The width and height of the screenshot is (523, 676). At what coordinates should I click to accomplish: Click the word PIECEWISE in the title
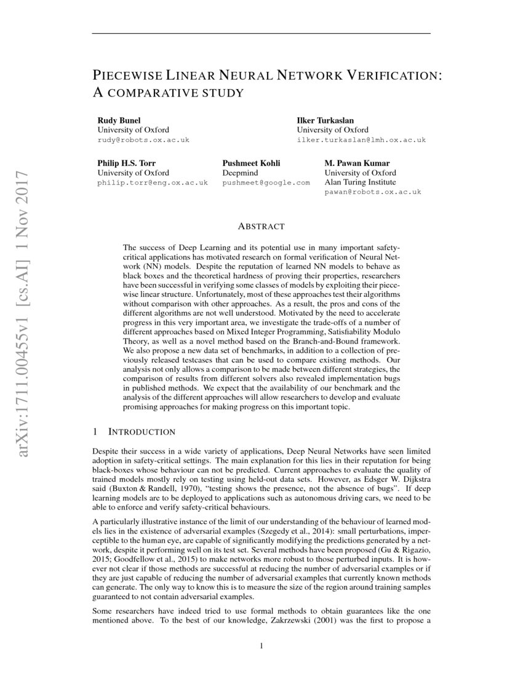[x=126, y=76]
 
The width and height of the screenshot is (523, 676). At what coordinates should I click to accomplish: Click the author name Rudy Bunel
[x=119, y=120]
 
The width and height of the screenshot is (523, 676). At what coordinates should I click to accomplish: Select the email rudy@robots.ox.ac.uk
[x=143, y=140]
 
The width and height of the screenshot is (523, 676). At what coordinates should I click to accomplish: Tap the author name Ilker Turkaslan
[x=326, y=120]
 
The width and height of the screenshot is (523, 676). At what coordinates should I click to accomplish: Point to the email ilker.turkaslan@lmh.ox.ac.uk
[x=361, y=140]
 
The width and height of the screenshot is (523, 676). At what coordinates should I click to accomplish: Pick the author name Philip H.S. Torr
[x=125, y=163]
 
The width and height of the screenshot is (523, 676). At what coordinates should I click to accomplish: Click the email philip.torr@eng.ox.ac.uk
[x=153, y=183]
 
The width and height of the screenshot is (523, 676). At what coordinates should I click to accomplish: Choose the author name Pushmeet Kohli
[x=251, y=163]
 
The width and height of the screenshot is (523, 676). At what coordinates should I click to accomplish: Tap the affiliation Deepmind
[x=240, y=173]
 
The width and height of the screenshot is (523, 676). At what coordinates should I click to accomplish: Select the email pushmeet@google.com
[x=266, y=183]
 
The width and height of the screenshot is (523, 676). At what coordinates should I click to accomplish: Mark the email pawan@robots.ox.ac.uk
[x=372, y=192]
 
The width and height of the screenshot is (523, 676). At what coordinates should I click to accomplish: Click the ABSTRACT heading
[x=261, y=227]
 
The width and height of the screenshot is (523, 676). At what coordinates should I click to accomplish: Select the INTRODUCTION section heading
[x=142, y=432]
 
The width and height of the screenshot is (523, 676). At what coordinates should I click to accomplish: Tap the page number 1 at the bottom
[x=261, y=646]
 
